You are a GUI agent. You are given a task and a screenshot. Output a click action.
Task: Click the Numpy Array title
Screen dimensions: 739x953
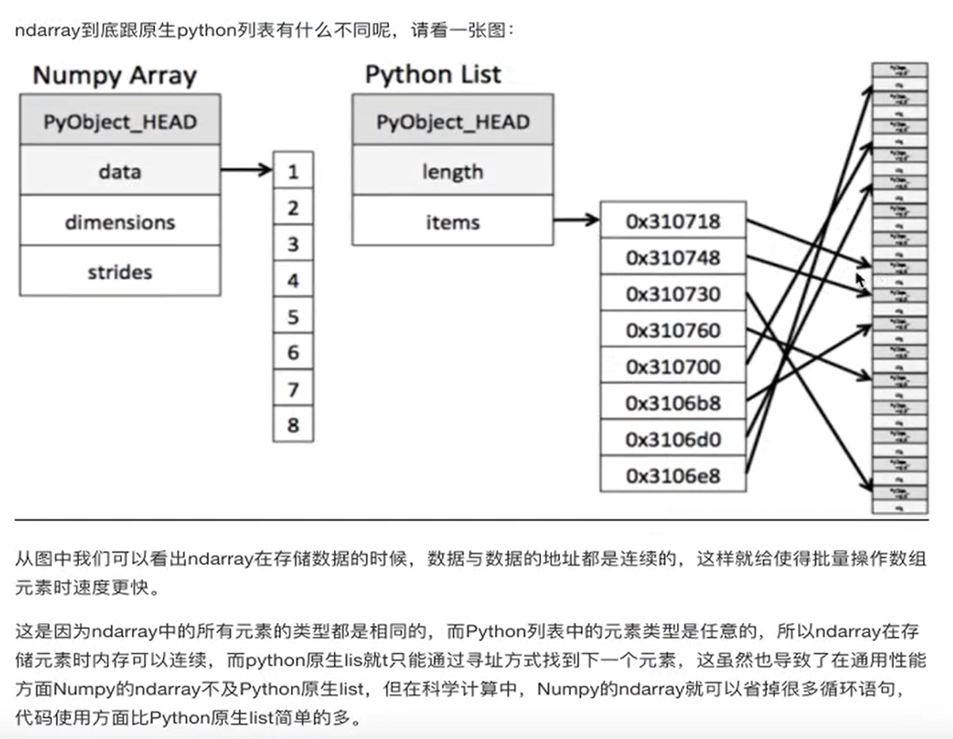[x=115, y=76]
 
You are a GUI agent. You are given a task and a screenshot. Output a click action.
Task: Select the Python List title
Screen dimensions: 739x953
[x=433, y=74]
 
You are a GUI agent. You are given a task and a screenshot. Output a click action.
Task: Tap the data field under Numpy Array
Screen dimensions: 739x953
[x=119, y=171]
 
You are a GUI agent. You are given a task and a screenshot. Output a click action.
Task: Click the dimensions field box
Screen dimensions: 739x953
[x=119, y=221]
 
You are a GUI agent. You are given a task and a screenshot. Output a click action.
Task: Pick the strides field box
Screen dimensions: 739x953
[x=119, y=272]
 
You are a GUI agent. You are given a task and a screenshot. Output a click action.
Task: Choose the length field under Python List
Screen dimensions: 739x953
[x=452, y=171]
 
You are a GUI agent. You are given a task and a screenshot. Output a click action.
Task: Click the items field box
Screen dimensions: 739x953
[x=452, y=221]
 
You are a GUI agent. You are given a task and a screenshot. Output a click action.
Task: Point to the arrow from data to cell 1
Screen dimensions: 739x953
[x=246, y=169]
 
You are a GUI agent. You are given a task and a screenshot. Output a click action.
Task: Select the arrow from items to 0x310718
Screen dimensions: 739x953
[x=577, y=220]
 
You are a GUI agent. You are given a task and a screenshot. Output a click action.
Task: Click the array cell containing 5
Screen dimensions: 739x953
[x=293, y=317]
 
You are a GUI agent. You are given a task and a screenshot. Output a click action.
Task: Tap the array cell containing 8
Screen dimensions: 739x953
[x=293, y=425]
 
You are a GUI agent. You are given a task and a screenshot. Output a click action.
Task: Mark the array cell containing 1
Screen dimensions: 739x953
[x=293, y=172]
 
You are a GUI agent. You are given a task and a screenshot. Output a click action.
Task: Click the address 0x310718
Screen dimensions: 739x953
[x=673, y=221]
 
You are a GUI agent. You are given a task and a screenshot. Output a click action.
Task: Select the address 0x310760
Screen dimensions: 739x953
[x=673, y=330]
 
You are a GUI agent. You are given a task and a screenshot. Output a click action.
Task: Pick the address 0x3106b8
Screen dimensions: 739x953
[x=673, y=403]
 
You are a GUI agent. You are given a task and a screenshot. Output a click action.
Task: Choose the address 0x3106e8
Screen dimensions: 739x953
[x=673, y=476]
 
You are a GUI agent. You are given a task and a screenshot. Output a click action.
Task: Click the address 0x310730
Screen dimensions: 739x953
[x=673, y=294]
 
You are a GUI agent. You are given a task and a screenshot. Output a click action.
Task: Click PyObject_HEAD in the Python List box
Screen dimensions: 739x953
[x=452, y=122]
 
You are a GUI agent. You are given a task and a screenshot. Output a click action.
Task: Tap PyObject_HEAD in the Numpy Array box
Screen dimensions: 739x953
[x=119, y=122]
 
